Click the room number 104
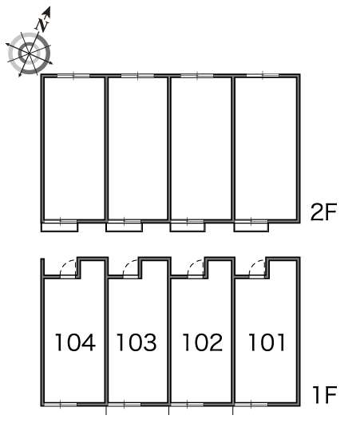(75, 342)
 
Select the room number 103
(136, 342)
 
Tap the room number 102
(203, 342)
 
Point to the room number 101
(267, 342)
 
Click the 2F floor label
(324, 212)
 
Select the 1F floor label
(325, 395)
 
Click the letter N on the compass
(42, 25)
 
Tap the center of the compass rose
(29, 53)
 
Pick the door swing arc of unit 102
(193, 264)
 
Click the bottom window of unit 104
(61, 404)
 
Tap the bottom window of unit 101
(251, 404)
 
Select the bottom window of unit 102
(188, 404)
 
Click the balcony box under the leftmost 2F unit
(59, 227)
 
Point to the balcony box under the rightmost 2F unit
(251, 227)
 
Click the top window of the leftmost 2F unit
(73, 76)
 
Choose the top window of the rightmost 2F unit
(263, 76)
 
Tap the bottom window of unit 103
(125, 404)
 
